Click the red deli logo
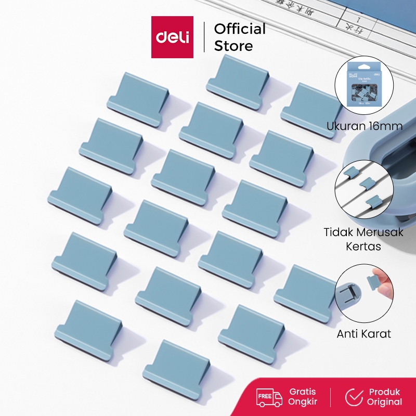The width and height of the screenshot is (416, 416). pyautogui.click(x=172, y=37)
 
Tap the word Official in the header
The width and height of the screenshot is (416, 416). pyautogui.click(x=240, y=29)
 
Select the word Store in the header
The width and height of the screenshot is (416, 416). pyautogui.click(x=233, y=46)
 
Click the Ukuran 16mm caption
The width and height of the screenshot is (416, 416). pyautogui.click(x=365, y=126)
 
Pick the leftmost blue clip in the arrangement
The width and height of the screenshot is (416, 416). pyautogui.click(x=81, y=196)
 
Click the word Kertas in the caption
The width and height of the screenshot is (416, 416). pyautogui.click(x=363, y=246)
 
